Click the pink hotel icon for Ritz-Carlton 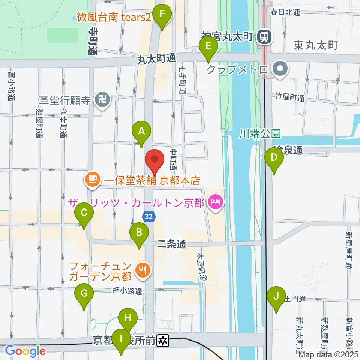217,203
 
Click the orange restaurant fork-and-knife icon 143,270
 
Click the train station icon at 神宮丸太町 264,37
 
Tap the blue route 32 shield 148,216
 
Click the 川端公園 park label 260,133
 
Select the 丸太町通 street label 156,58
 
